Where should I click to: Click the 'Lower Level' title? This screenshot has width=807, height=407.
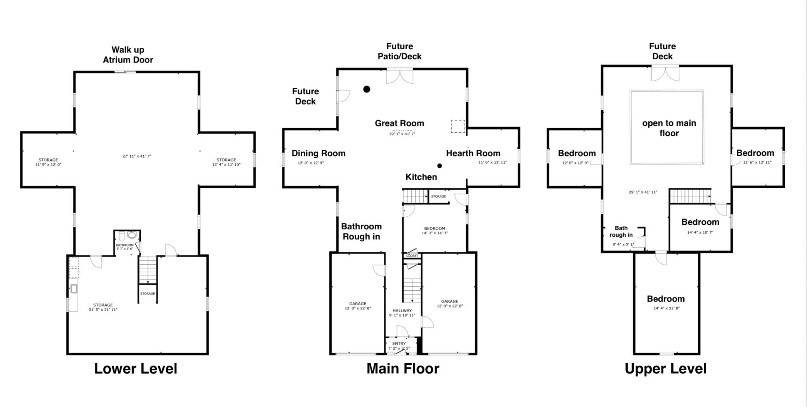(x=135, y=369)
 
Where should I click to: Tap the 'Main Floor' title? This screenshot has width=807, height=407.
(x=403, y=369)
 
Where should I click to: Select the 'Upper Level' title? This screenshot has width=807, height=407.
(x=665, y=369)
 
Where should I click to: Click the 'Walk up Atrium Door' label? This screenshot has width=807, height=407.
(x=128, y=55)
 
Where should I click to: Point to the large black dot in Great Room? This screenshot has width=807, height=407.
(x=367, y=89)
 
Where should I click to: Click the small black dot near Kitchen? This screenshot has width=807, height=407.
(x=439, y=166)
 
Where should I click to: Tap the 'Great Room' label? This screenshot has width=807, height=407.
(x=399, y=123)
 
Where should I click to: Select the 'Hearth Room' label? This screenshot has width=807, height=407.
(x=473, y=153)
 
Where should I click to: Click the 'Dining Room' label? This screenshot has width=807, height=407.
(x=319, y=153)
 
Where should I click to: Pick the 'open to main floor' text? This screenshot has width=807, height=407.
(x=669, y=128)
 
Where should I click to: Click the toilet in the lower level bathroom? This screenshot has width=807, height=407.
(x=121, y=236)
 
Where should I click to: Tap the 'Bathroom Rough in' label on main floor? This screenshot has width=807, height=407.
(x=361, y=232)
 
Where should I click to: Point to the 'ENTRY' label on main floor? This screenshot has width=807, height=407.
(x=399, y=344)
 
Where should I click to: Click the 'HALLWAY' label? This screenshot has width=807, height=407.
(x=402, y=311)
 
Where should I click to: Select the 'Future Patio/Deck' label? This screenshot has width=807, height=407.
(x=400, y=51)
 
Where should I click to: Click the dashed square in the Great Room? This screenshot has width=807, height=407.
(x=458, y=126)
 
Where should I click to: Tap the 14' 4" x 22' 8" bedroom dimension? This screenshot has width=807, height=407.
(x=667, y=308)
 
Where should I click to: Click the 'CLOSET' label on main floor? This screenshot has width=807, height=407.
(x=412, y=256)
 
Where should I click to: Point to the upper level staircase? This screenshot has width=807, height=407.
(x=690, y=196)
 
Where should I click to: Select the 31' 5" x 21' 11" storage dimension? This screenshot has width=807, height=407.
(x=103, y=310)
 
